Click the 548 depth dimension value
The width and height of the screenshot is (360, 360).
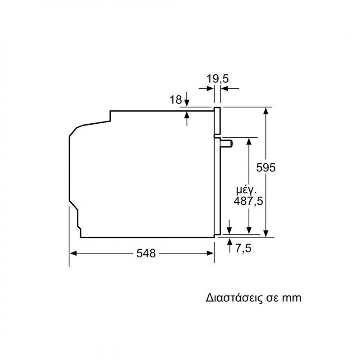point(146,253)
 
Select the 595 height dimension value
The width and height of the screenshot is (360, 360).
point(265,167)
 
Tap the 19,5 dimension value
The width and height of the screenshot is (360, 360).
point(218,79)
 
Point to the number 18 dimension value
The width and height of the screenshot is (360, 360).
point(175,100)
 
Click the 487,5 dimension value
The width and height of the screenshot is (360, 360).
point(248,201)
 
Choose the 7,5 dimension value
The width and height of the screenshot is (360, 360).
point(243,248)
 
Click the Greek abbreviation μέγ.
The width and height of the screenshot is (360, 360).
point(246,190)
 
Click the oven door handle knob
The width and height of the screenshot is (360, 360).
point(226,144)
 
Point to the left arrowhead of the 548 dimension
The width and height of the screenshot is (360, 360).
point(73,253)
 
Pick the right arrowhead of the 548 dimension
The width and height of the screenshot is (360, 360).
point(211,253)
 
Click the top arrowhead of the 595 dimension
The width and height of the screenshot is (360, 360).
point(265,111)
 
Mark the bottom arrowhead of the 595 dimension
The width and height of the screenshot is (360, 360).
point(265,234)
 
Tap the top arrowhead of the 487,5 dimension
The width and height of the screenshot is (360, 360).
point(249,141)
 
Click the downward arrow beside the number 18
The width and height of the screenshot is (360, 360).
point(187,99)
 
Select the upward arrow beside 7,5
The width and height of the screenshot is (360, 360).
point(229,245)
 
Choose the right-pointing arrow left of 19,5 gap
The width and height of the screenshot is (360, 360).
point(207,88)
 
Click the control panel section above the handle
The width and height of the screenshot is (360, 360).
point(217,121)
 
